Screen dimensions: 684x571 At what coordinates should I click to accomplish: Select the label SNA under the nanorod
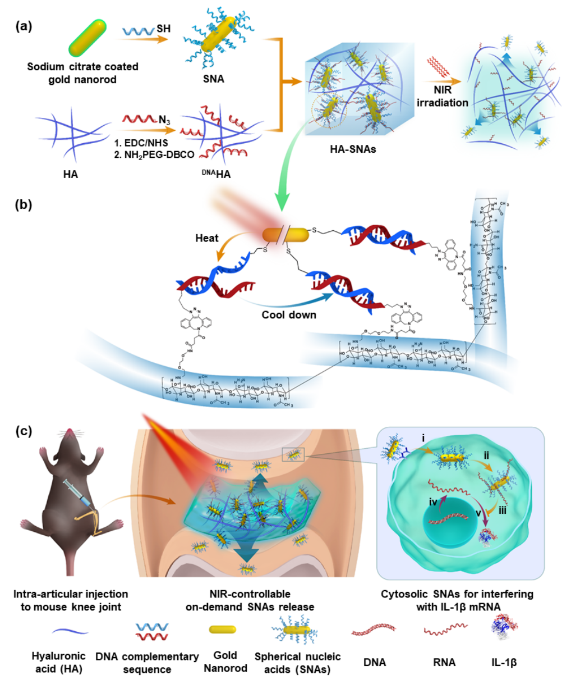point(213,79)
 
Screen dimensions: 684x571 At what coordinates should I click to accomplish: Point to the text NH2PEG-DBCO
point(147,155)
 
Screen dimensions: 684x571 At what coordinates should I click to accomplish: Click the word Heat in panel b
point(206,238)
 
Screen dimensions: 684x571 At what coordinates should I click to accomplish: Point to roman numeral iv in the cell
point(434,501)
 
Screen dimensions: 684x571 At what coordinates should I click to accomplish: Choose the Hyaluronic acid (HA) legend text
point(58,662)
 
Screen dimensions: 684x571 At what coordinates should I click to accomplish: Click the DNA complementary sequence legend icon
point(152,631)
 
